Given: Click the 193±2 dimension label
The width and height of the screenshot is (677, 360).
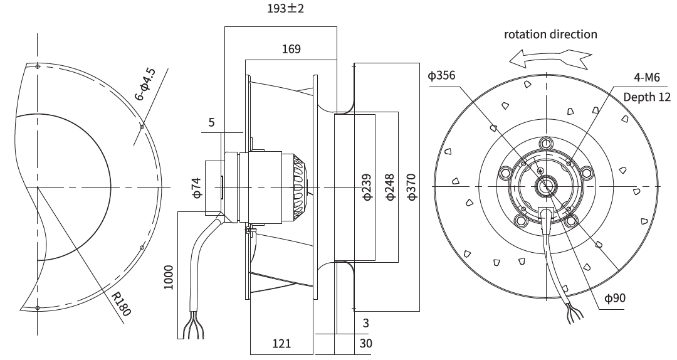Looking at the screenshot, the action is (x=285, y=8).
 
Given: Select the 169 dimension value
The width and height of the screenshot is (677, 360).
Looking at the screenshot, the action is (x=291, y=49).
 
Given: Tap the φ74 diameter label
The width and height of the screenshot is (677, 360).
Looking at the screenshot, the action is (x=197, y=188).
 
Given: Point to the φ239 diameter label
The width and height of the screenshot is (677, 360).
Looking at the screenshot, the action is (x=367, y=187).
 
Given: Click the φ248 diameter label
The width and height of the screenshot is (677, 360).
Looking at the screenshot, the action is (x=390, y=187).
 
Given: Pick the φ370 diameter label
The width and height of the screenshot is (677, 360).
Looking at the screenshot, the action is (x=412, y=187).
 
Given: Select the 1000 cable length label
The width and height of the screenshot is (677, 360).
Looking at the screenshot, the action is (x=169, y=277).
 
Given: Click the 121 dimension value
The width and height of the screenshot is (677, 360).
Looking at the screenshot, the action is (x=281, y=344).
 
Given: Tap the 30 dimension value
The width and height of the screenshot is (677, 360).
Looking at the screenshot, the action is (x=365, y=344).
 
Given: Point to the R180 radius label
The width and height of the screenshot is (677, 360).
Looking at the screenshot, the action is (x=120, y=304).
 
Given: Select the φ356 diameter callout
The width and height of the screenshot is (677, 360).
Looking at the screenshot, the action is (x=441, y=76).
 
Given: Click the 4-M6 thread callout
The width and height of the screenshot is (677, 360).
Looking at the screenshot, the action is (x=647, y=77).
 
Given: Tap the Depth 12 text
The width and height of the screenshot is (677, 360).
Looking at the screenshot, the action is (x=647, y=97).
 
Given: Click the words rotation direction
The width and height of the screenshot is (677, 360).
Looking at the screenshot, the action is (x=550, y=34).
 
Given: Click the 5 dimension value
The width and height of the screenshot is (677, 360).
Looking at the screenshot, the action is (x=212, y=122).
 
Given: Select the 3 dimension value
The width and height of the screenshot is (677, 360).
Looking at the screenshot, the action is (x=365, y=323).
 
